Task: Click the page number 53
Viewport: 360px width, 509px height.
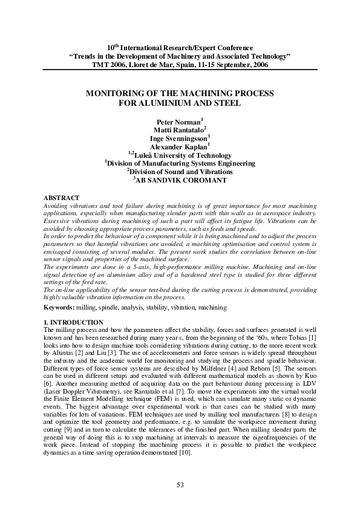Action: click(x=180, y=485)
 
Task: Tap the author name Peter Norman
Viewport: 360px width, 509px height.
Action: click(x=178, y=122)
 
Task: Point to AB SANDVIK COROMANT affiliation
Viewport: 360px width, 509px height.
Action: click(x=181, y=180)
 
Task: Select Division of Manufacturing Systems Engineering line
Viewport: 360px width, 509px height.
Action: click(x=181, y=163)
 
